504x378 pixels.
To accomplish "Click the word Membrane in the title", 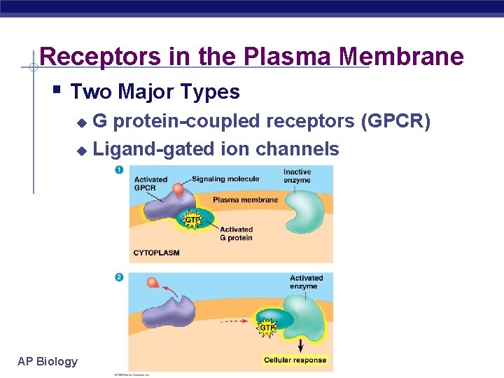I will pyautogui.click(x=412, y=57).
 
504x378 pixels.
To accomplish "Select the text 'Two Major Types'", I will pyautogui.click(x=155, y=92).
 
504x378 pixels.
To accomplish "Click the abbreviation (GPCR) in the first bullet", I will pyautogui.click(x=395, y=122).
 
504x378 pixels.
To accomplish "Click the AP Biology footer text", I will pyautogui.click(x=48, y=361).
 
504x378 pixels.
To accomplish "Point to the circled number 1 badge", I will pyautogui.click(x=119, y=170).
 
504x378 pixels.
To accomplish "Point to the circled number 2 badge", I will pyautogui.click(x=119, y=277).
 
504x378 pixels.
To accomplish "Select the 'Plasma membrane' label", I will pyautogui.click(x=245, y=199).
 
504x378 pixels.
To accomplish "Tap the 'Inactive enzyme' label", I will pyautogui.click(x=297, y=176).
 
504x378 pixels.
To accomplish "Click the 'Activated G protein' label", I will pyautogui.click(x=237, y=233).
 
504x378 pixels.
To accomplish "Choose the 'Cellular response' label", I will pyautogui.click(x=295, y=360).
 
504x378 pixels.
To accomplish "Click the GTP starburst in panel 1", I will pyautogui.click(x=192, y=220).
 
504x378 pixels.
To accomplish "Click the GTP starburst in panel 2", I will pyautogui.click(x=267, y=327).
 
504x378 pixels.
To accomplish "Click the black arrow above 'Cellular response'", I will pyautogui.click(x=300, y=344).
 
